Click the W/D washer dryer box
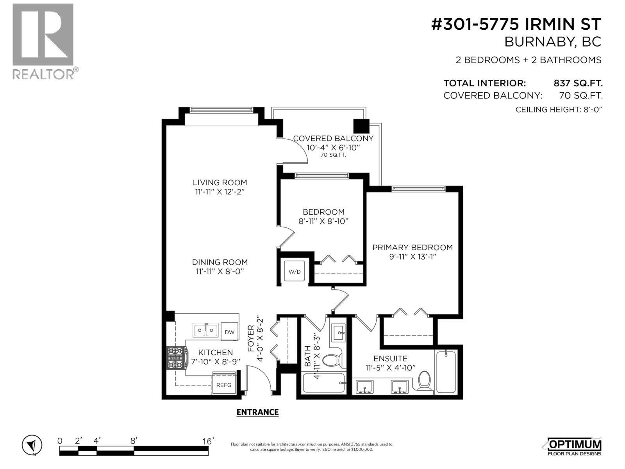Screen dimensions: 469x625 coord(294,271)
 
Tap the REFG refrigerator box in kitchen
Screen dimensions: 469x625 coord(224,385)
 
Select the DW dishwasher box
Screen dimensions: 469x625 coord(230,332)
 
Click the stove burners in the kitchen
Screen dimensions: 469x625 coord(176,358)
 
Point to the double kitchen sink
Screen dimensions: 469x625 coord(205,330)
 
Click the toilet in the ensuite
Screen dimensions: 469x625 coord(424,381)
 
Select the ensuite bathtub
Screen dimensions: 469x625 coord(446,371)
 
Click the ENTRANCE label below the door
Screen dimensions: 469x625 coord(257,412)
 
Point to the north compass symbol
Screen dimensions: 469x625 coord(32,445)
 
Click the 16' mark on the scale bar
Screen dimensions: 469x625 coord(208,441)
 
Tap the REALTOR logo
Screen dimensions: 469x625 coord(43,41)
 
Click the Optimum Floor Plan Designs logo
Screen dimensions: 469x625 coord(573,446)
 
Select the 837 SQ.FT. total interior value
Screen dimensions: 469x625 coord(578,83)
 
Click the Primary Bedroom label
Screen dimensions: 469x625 coord(412,247)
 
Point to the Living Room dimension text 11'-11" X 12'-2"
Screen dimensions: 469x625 coord(220,192)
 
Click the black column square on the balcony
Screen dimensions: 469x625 coord(361,126)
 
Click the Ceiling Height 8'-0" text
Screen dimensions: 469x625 coord(559,109)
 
